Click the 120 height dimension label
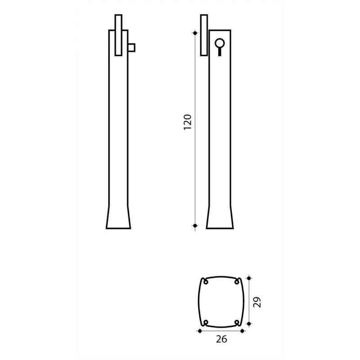[x=188, y=122]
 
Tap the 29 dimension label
[x=257, y=302]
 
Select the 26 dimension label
[x=221, y=339]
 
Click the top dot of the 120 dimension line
[x=195, y=33]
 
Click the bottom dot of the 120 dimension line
[x=195, y=226]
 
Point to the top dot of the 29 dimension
[x=249, y=278]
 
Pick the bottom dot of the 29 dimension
[x=249, y=324]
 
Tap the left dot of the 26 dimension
[x=200, y=331]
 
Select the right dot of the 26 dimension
[x=242, y=331]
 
